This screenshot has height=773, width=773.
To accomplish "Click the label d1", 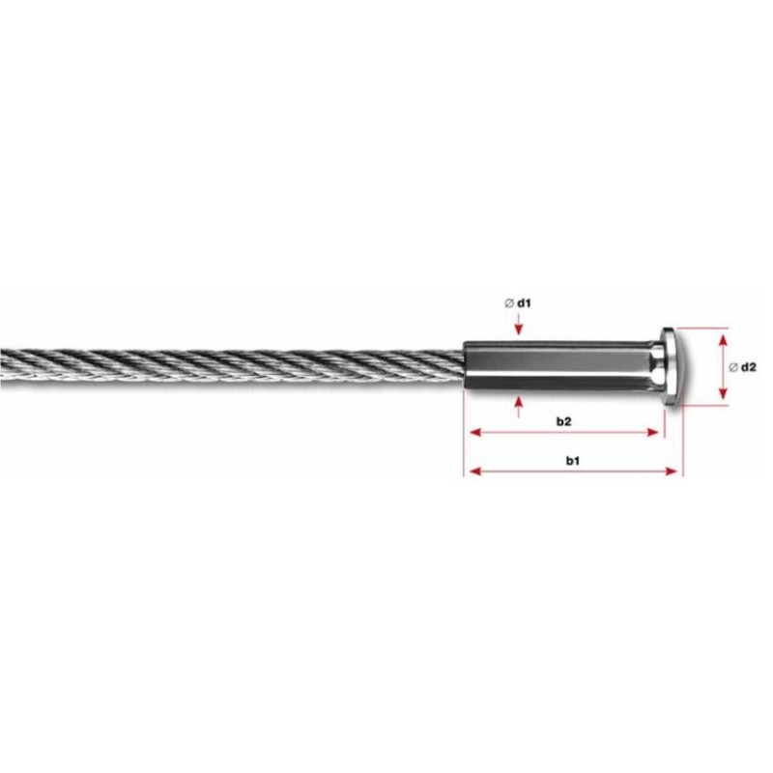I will (x=526, y=303).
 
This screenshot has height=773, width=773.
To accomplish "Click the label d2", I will (x=748, y=366).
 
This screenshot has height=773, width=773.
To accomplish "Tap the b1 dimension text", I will (x=572, y=462).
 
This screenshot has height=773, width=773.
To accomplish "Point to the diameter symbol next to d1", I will (x=508, y=303).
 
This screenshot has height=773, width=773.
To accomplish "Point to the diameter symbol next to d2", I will (x=732, y=366).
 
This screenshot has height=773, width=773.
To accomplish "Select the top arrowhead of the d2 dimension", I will (x=722, y=334).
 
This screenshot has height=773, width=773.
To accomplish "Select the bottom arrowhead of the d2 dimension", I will (x=722, y=398).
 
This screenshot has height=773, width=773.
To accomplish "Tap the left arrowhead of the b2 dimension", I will (x=472, y=432).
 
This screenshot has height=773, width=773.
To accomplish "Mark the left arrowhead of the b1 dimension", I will (x=472, y=472).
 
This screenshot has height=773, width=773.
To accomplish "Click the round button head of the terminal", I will (x=670, y=366).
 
